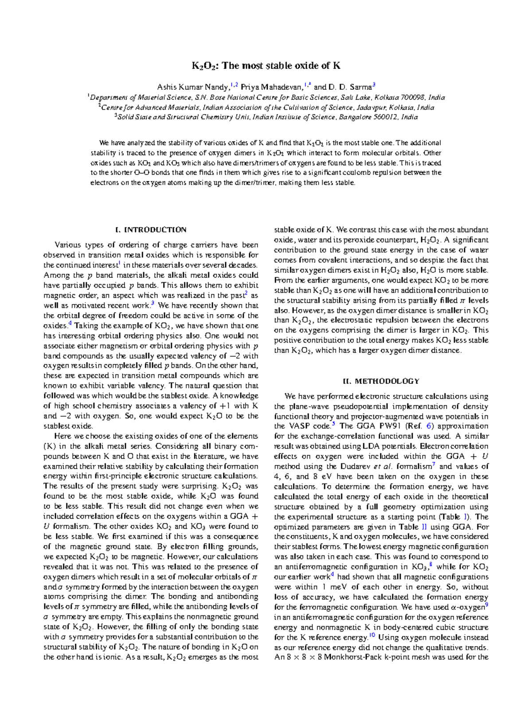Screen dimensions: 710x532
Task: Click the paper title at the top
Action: tap(266, 66)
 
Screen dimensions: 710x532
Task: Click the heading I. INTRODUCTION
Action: tap(151, 230)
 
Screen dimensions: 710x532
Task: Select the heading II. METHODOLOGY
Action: tap(381, 381)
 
